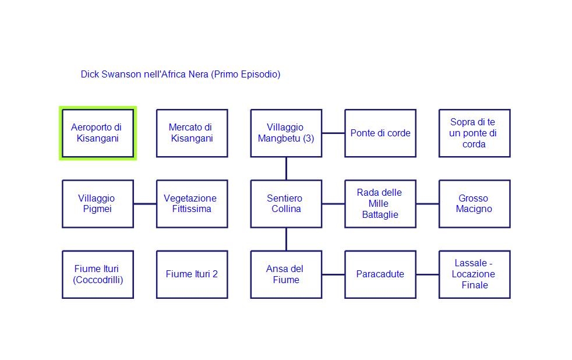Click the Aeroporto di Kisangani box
tap(98, 133)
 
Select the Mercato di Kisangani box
tap(192, 133)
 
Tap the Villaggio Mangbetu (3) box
tap(286, 133)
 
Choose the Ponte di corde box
tap(380, 133)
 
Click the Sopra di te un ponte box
tap(474, 133)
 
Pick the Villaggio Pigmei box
tap(98, 204)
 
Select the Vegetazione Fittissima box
tap(192, 204)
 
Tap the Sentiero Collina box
tap(286, 204)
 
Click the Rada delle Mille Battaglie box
tap(380, 204)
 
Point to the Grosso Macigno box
tap(474, 204)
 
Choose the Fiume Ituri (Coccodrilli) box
tap(98, 274)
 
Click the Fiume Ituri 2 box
tap(192, 274)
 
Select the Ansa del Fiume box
tap(286, 274)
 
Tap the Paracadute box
tap(380, 274)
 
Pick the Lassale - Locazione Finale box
tap(474, 274)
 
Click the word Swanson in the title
tap(121, 75)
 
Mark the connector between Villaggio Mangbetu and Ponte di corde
tap(333, 133)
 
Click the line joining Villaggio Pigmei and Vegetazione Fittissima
tap(145, 204)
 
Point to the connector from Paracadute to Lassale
tap(428, 274)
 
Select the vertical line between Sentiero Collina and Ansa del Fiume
tap(286, 239)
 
